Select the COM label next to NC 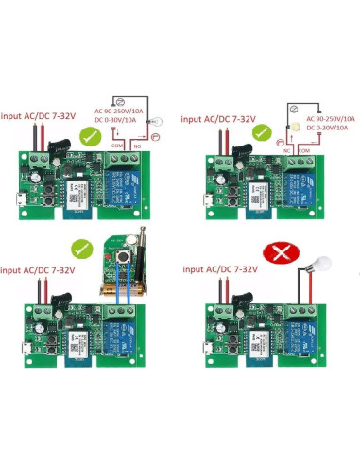[x=304, y=148]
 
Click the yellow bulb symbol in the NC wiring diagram [x=296, y=126]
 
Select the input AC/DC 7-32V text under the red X [x=218, y=271]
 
